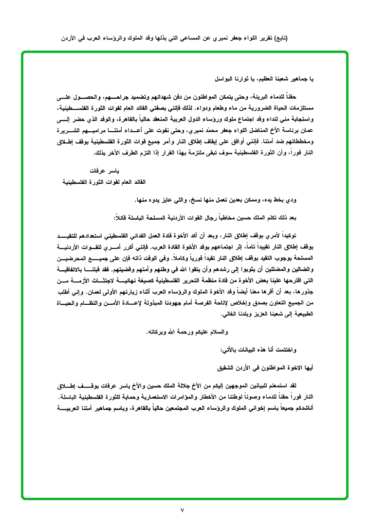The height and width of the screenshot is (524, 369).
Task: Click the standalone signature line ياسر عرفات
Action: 103,172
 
